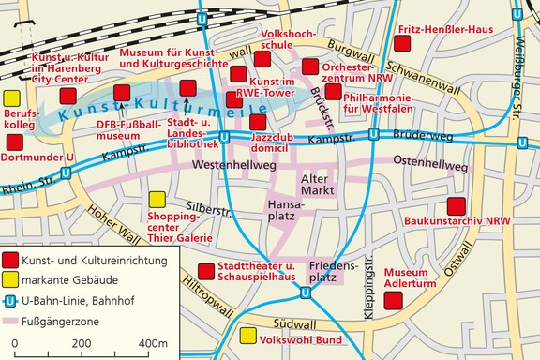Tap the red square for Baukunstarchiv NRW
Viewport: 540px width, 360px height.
(x=457, y=207)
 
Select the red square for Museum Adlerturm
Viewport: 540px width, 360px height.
(x=395, y=300)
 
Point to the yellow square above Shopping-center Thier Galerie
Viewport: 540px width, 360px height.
(x=157, y=200)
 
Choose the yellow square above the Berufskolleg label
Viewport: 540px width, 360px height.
(x=12, y=98)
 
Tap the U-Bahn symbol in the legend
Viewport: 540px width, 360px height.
(x=11, y=302)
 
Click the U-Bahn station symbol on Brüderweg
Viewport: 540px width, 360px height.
(x=374, y=134)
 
